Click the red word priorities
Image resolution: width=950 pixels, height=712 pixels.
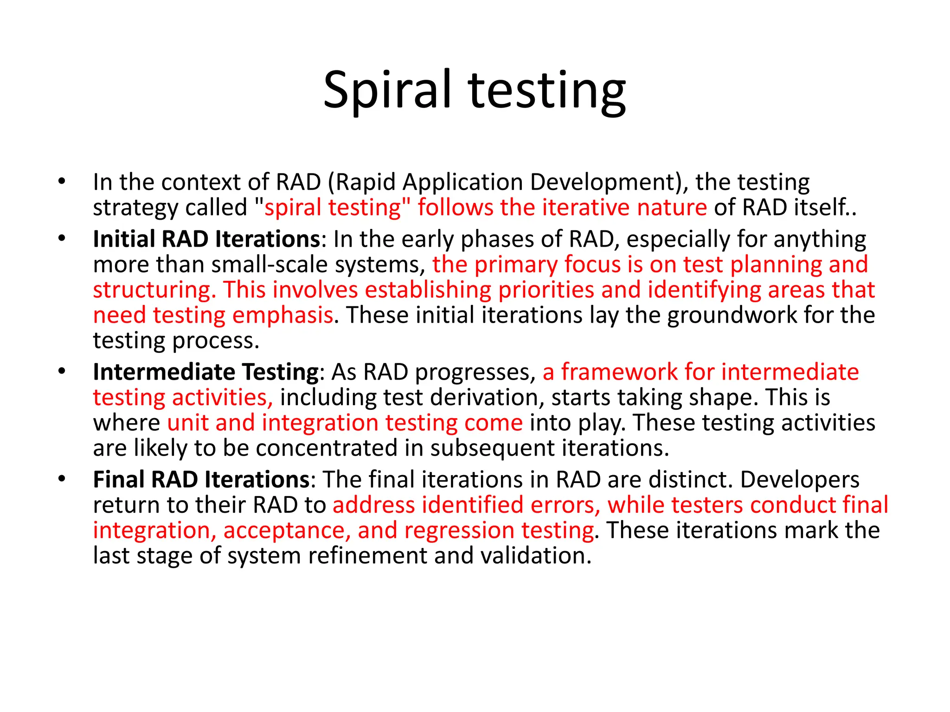click(546, 290)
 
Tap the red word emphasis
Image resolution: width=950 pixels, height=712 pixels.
click(282, 315)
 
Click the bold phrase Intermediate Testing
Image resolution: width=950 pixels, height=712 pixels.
click(206, 372)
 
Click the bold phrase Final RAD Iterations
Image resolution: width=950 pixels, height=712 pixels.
click(201, 480)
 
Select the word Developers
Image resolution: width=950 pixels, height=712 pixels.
click(800, 480)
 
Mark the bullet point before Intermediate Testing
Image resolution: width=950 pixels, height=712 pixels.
click(62, 372)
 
